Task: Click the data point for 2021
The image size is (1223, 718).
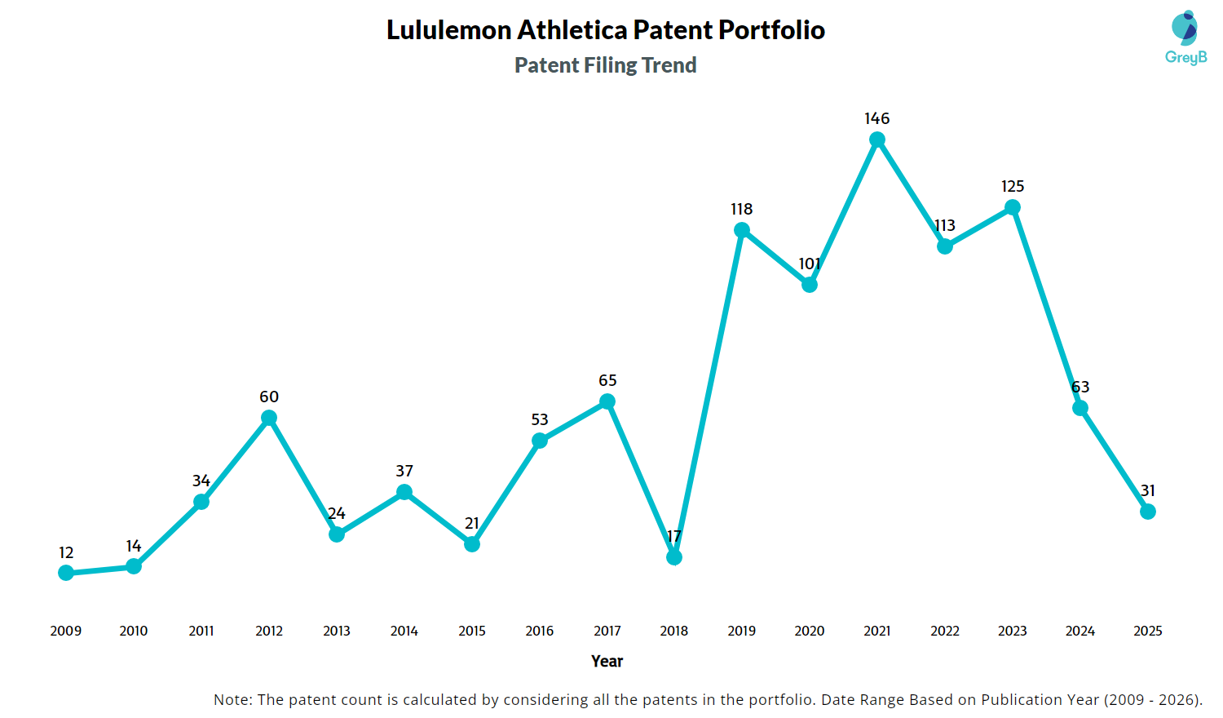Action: click(877, 140)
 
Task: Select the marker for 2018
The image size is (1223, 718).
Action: click(674, 557)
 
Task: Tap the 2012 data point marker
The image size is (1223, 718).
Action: click(269, 418)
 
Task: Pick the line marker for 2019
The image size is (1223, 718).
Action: click(742, 230)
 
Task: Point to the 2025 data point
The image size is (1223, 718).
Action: click(1148, 512)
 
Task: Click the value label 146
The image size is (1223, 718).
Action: click(877, 118)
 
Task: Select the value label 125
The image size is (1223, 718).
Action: click(1013, 186)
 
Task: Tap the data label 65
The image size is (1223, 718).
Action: click(607, 380)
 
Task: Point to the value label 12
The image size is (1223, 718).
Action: click(66, 552)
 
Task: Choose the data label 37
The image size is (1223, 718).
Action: click(404, 471)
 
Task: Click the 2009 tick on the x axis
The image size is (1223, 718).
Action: click(66, 631)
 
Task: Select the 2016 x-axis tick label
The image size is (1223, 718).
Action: click(540, 631)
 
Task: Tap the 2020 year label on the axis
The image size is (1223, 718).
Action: click(810, 631)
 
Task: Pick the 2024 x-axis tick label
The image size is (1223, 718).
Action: click(1080, 631)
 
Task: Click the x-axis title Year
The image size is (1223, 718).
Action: click(607, 661)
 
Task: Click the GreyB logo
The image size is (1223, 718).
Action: click(1185, 38)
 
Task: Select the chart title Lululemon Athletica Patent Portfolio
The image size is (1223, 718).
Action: click(606, 30)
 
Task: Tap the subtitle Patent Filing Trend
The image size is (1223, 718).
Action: click(606, 65)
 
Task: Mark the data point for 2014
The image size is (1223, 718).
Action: click(404, 492)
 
